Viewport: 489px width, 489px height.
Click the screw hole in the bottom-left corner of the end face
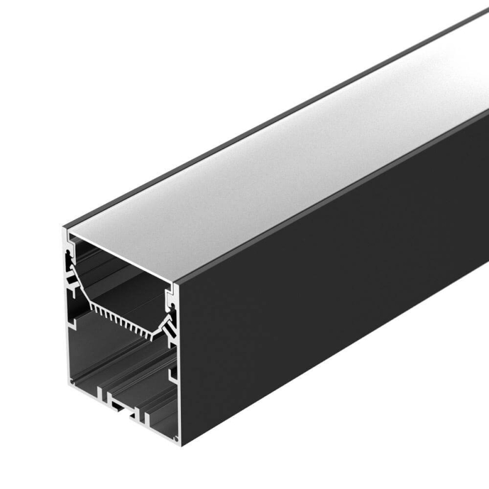(72, 383)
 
